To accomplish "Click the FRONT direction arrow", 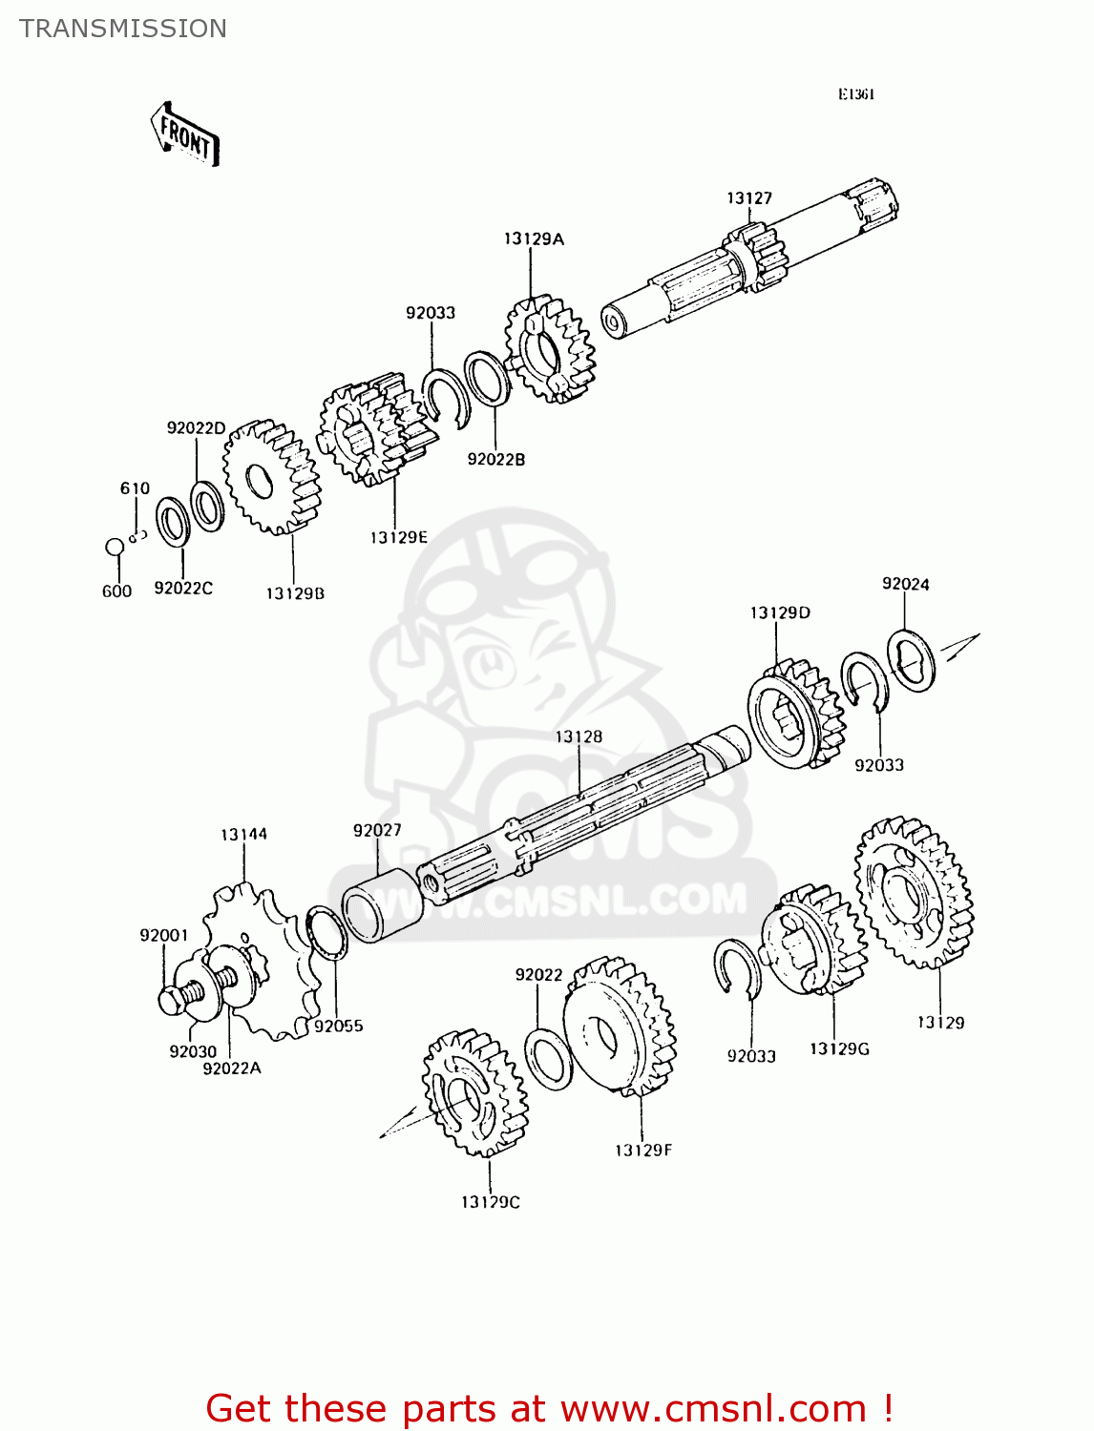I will click(x=185, y=135).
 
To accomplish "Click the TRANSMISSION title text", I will click(x=123, y=29).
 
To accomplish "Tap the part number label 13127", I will click(x=749, y=198).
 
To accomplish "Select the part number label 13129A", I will click(x=534, y=239).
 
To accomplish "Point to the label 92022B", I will click(x=495, y=460).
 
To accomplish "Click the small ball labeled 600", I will click(x=115, y=548).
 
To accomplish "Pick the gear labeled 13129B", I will click(x=271, y=477).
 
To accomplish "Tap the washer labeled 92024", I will click(x=911, y=659).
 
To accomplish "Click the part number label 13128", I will click(x=579, y=736).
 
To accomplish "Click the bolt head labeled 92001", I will click(x=173, y=1001).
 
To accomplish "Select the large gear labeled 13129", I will click(x=914, y=892).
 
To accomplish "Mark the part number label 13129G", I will click(x=839, y=1049).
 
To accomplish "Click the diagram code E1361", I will click(x=856, y=94).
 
